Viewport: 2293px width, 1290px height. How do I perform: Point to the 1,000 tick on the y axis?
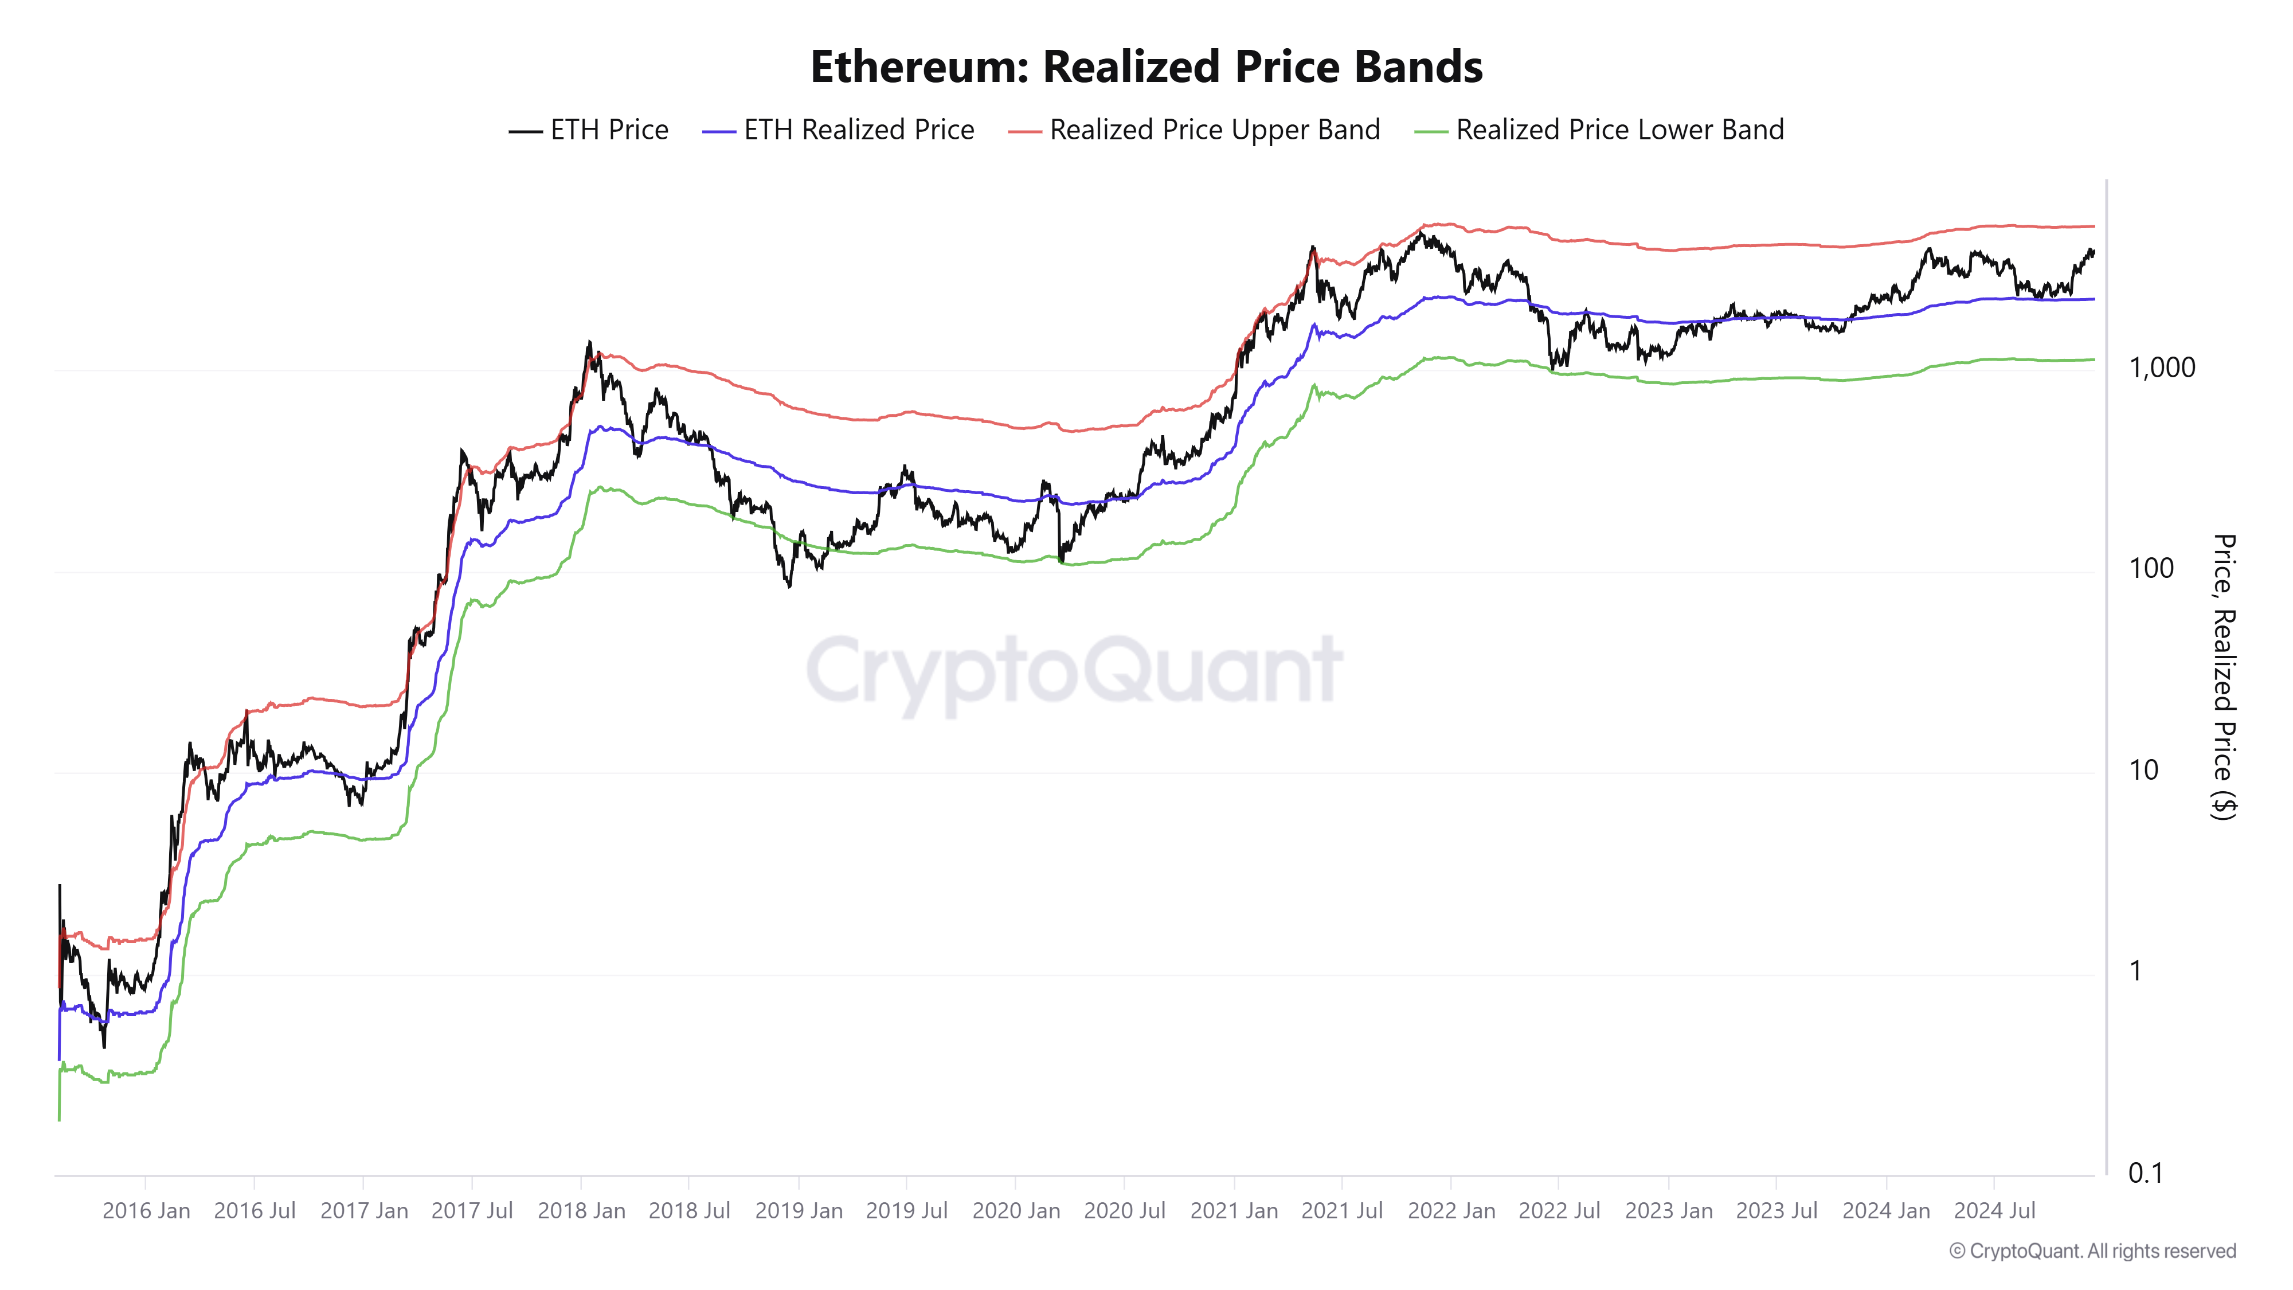click(2161, 368)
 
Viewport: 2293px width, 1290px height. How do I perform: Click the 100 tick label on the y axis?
click(2151, 568)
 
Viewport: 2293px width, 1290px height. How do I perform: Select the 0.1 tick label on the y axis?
click(2145, 1174)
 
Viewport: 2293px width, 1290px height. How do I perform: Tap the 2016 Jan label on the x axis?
click(146, 1211)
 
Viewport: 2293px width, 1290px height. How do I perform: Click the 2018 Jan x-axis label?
click(581, 1211)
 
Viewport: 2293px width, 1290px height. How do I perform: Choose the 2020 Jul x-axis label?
click(1124, 1211)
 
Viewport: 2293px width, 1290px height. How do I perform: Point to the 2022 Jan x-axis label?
click(1451, 1211)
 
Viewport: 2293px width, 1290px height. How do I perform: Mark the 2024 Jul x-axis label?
click(1994, 1211)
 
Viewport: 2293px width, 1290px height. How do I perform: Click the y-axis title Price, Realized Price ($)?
click(2224, 677)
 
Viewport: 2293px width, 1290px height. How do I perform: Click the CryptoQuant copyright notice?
click(2092, 1251)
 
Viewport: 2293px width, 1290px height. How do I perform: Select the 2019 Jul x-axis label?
click(906, 1211)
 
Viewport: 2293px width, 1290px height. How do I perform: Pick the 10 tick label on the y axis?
click(2143, 770)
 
